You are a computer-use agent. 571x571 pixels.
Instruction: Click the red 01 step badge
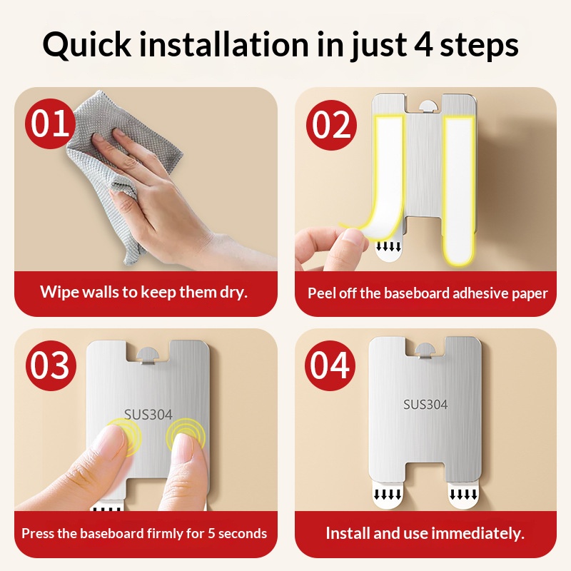[x=50, y=123]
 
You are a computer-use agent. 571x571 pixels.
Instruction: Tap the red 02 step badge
[x=331, y=125]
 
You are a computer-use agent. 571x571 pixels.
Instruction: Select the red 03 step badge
[x=51, y=365]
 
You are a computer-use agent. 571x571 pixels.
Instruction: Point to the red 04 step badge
[x=330, y=365]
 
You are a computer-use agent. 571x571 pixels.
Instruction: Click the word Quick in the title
[x=86, y=45]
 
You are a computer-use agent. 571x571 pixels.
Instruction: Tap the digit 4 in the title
[x=423, y=44]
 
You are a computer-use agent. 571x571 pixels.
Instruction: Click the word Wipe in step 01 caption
[x=59, y=292]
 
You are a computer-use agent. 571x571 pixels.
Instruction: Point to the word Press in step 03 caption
[x=38, y=533]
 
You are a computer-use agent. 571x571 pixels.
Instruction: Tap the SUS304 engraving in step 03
[x=148, y=415]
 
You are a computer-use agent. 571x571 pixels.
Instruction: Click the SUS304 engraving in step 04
[x=425, y=404]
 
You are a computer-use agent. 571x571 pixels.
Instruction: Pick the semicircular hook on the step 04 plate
[x=425, y=350]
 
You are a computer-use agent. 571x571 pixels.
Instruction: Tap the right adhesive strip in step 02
[x=459, y=188]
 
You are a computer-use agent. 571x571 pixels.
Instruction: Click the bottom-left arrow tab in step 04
[x=388, y=493]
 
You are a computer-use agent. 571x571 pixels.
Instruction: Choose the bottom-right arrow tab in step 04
[x=463, y=493]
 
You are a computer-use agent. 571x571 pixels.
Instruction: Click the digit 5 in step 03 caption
[x=211, y=533]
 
